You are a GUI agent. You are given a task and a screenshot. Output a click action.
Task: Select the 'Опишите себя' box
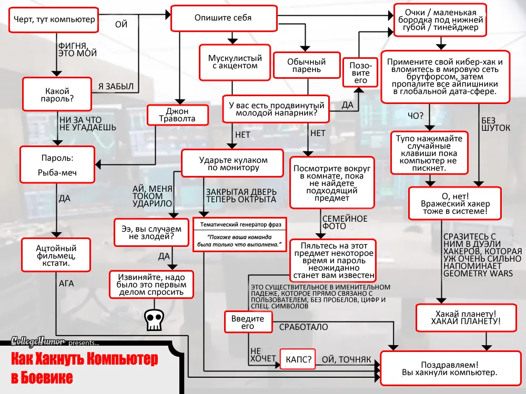(224, 18)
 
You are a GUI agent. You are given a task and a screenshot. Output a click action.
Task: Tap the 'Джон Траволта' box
(177, 115)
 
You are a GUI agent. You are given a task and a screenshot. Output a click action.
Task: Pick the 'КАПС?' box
(298, 360)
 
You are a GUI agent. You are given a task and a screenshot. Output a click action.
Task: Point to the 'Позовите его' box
(360, 73)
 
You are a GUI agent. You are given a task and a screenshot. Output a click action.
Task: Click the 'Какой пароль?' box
(57, 94)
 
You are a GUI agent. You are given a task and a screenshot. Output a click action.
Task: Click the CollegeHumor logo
(38, 342)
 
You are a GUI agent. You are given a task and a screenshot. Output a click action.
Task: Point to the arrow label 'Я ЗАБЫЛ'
(116, 86)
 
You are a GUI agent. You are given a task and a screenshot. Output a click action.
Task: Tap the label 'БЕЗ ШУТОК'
(495, 124)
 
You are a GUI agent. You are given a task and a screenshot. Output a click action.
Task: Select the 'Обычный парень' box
(307, 66)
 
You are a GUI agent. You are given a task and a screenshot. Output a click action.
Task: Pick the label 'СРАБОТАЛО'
(304, 327)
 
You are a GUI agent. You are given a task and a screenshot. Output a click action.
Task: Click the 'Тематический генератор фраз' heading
(240, 224)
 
